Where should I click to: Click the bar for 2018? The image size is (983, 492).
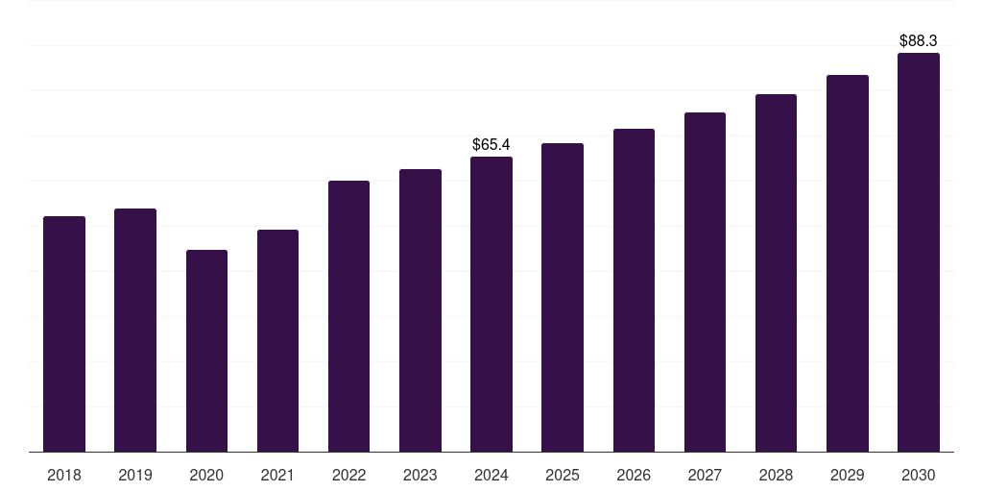coord(64,333)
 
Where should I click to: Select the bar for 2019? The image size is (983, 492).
coord(135,330)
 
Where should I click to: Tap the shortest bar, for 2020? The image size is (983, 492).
coord(206,351)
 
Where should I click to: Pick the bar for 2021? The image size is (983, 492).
coord(277,340)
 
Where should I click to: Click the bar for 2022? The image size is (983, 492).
coord(348,316)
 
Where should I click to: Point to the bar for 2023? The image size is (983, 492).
coord(420,310)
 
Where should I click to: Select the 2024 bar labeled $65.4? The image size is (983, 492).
coord(491,304)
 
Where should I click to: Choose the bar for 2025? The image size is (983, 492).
coord(563,297)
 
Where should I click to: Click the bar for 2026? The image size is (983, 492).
coord(634,290)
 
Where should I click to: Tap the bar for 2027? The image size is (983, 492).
coord(705,282)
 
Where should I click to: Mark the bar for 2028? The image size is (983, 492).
coord(776,273)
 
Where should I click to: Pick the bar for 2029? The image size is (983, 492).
coord(848,263)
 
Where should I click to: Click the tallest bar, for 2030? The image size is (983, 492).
coord(919,252)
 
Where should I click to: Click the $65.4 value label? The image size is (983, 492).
coord(491,144)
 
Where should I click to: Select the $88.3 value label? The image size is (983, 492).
coord(919,41)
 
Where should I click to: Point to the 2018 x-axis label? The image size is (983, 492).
coord(64,475)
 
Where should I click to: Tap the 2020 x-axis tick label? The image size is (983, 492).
coord(206,475)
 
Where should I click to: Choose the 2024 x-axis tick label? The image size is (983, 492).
coord(491,475)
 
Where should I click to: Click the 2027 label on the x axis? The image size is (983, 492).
coord(705,475)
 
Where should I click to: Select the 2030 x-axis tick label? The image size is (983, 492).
coord(919,475)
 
